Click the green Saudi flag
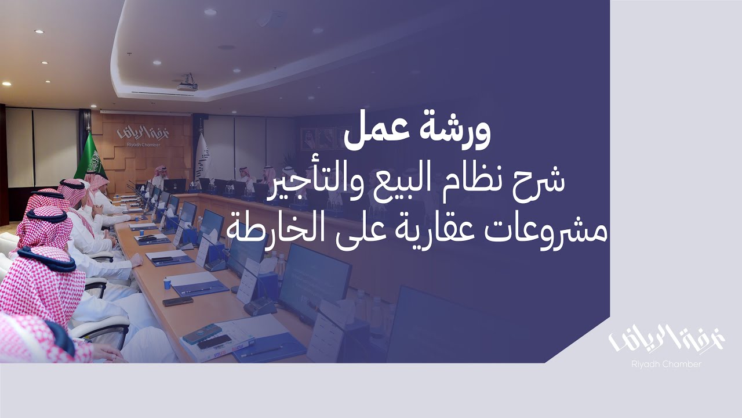tap(90, 157)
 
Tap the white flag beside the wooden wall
tap(201, 157)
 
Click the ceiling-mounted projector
tap(187, 83)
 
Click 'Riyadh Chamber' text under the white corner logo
tap(666, 364)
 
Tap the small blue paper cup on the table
tap(168, 283)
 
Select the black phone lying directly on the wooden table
tap(177, 301)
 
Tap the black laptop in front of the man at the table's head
tap(174, 186)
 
